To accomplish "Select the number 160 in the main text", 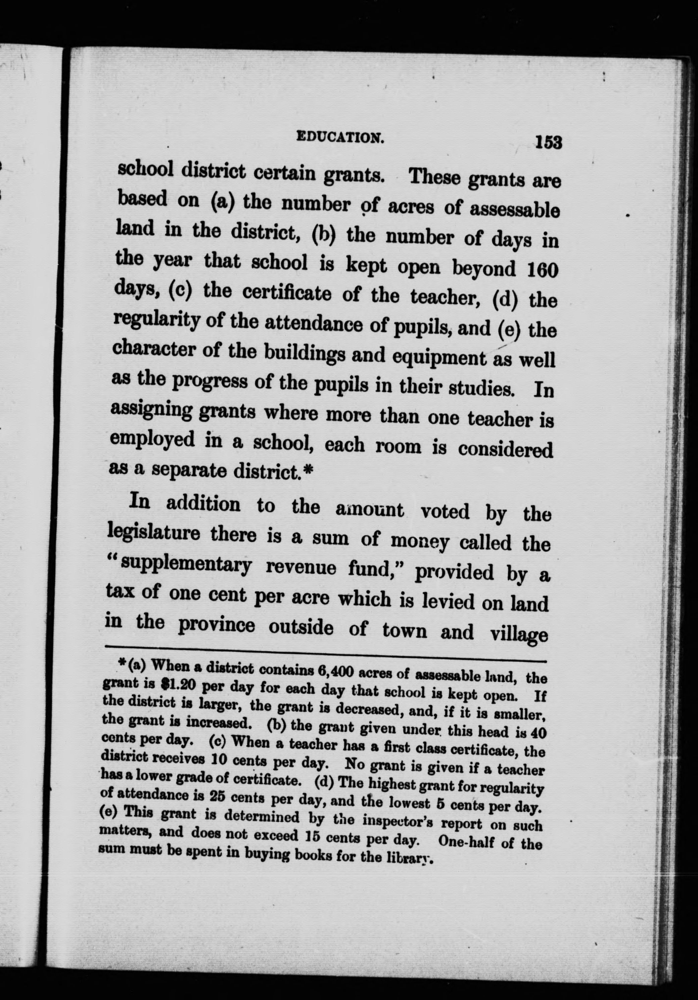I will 542,270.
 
